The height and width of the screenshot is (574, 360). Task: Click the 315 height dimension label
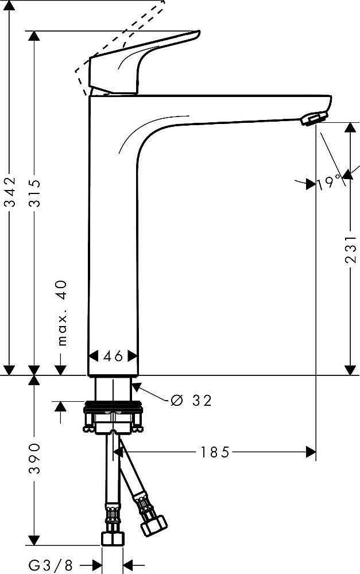pyautogui.click(x=36, y=193)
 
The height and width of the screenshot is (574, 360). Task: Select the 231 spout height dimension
pyautogui.click(x=350, y=249)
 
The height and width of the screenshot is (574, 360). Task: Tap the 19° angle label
pyautogui.click(x=329, y=182)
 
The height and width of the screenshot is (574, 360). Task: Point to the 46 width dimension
pyautogui.click(x=113, y=355)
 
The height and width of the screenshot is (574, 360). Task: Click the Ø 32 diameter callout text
pyautogui.click(x=191, y=401)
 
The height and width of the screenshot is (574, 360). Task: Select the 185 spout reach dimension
pyautogui.click(x=215, y=452)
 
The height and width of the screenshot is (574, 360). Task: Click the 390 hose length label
pyautogui.click(x=35, y=458)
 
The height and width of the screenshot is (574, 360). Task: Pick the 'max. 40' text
pyautogui.click(x=63, y=313)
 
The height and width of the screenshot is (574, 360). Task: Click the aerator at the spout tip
pyautogui.click(x=314, y=119)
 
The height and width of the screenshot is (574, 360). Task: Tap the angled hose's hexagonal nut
pyautogui.click(x=154, y=526)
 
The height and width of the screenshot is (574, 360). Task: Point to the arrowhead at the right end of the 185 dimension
pyautogui.click(x=311, y=452)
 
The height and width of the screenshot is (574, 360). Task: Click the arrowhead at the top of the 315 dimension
pyautogui.click(x=34, y=36)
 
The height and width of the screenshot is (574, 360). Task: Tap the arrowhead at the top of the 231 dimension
pyautogui.click(x=350, y=128)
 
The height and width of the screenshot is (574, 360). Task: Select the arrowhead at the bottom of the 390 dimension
pyautogui.click(x=34, y=540)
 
